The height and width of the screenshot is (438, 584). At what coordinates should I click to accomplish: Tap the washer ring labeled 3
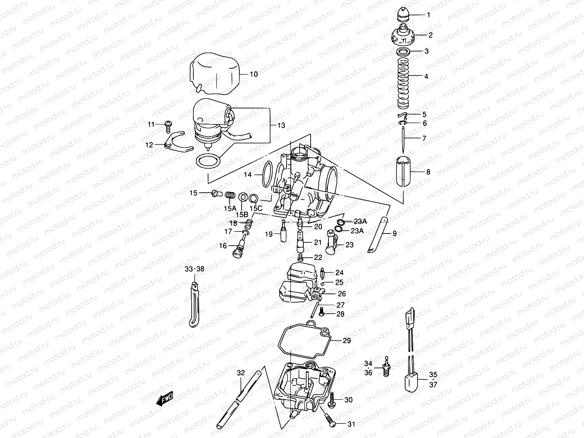coord(403,51)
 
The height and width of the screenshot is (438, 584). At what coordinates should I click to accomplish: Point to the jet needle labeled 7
coord(403,141)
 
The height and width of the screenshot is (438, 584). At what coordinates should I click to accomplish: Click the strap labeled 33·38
coord(194,305)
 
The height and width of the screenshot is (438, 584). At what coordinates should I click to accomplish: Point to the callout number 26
coord(342,293)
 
